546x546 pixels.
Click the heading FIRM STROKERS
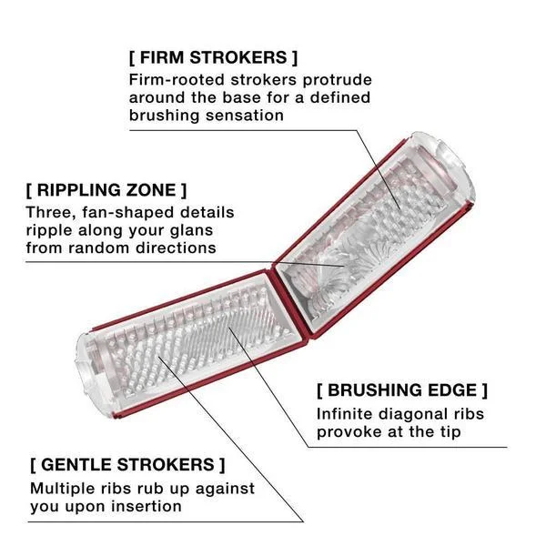tap(214, 57)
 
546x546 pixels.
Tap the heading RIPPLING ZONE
tap(106, 190)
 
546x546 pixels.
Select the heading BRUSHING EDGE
tap(402, 390)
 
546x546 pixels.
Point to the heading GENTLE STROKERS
tap(127, 464)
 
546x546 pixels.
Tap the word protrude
tap(337, 80)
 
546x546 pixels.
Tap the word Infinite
tap(344, 414)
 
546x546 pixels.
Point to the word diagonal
tap(413, 415)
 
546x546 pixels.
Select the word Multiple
tap(58, 489)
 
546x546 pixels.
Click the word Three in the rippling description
tap(50, 213)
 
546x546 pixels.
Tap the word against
tap(225, 490)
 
